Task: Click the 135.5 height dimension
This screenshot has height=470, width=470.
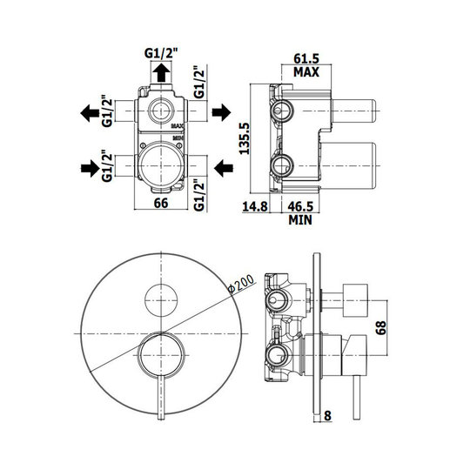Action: [x=245, y=138]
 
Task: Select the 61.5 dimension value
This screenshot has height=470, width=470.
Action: [x=306, y=58]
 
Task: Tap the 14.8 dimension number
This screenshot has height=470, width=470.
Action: [x=255, y=206]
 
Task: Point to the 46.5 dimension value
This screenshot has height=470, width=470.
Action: [x=300, y=206]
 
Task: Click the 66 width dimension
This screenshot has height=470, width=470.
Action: [x=161, y=203]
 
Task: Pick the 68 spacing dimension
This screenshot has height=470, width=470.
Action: [x=381, y=328]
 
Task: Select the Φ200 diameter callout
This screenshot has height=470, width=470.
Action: [x=240, y=284]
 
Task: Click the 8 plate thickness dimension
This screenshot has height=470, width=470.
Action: [x=327, y=416]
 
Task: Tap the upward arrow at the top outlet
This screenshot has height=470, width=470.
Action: [x=161, y=72]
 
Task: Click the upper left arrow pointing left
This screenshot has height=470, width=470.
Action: [x=90, y=113]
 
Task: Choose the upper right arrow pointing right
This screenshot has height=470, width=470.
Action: [x=222, y=112]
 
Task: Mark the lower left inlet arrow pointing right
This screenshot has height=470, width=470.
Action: [x=91, y=168]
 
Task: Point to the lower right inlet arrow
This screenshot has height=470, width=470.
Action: [x=224, y=168]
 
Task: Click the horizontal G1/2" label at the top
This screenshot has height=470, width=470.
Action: [x=161, y=53]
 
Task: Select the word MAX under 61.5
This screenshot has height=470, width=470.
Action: [x=306, y=72]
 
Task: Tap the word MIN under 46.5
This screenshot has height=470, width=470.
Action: [x=300, y=220]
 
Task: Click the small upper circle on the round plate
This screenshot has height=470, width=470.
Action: [x=161, y=300]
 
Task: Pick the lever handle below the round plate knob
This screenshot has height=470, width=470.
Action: [x=161, y=397]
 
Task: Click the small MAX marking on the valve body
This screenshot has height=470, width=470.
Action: [x=178, y=126]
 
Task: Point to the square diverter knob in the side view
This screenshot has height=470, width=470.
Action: [x=355, y=300]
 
